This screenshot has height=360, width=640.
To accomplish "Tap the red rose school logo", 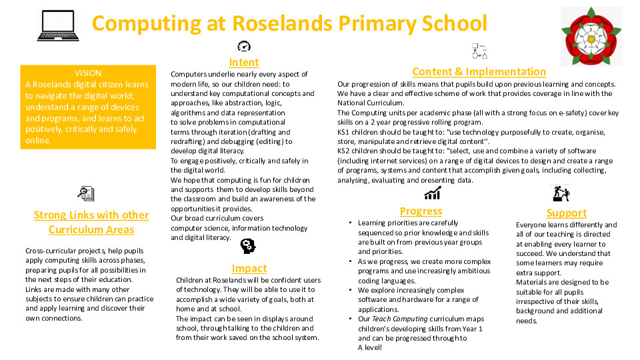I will [591, 36].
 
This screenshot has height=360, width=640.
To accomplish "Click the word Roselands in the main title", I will [282, 23].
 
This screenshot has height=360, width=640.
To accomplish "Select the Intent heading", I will [244, 63].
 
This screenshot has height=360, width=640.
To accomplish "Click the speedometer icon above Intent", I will [244, 46].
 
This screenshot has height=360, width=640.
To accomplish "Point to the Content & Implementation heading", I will [479, 71].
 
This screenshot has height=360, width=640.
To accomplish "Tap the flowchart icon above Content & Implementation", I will [479, 51].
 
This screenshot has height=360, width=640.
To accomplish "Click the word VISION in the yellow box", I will [88, 73].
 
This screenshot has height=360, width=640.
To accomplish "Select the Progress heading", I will [421, 211].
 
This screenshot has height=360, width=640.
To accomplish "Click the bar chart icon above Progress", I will [432, 193].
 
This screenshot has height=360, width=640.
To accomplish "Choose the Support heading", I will [566, 213].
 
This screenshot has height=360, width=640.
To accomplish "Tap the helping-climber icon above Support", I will [561, 193].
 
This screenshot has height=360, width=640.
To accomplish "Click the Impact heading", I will [249, 268].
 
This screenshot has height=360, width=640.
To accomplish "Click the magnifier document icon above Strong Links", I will [86, 194].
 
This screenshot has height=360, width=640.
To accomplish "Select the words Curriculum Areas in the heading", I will [91, 229].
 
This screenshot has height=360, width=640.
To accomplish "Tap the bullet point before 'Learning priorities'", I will [351, 223].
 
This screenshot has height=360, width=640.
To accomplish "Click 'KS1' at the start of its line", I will [344, 132].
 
